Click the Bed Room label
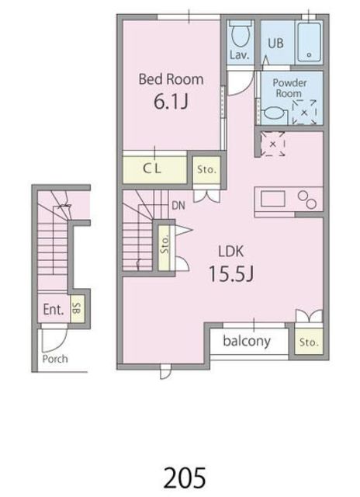tap(171, 79)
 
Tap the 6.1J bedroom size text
tap(171, 102)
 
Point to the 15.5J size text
tap(231, 274)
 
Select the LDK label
tap(231, 251)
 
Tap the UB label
tap(275, 43)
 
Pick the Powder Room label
tap(289, 88)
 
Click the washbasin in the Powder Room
tap(274, 113)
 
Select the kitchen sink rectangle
tap(273, 199)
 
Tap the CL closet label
tap(152, 169)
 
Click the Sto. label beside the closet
tap(206, 169)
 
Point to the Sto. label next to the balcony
tap(309, 342)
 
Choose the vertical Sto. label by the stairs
tap(164, 244)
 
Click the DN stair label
tap(178, 206)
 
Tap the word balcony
tap(247, 341)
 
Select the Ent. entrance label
tap(54, 309)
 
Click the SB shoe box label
tap(77, 308)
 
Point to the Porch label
tap(55, 359)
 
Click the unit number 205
tap(185, 478)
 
